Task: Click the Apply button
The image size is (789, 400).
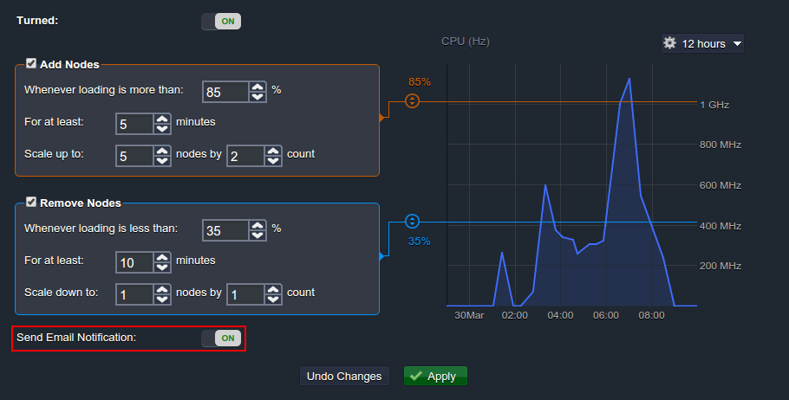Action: click(x=435, y=376)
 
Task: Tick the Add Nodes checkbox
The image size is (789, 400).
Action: click(x=31, y=64)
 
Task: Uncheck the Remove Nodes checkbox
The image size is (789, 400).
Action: click(x=31, y=203)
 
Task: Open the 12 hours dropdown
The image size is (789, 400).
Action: click(x=702, y=43)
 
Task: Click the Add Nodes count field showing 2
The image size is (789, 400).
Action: click(x=245, y=155)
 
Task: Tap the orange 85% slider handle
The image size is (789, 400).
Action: click(x=412, y=100)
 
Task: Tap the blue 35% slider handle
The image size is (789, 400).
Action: click(x=412, y=221)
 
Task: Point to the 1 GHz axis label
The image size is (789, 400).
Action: click(x=715, y=105)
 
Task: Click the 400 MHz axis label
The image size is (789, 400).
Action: click(x=720, y=226)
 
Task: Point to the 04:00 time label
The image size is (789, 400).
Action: click(x=561, y=315)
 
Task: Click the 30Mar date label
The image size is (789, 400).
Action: click(x=469, y=315)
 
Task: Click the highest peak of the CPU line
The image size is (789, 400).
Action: click(x=629, y=79)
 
